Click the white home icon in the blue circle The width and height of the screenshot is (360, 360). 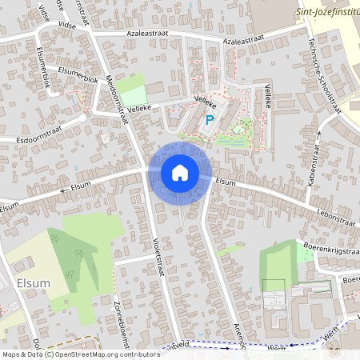(x=180, y=173)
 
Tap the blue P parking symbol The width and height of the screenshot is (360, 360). (x=210, y=121)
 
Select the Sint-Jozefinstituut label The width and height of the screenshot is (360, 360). (x=327, y=11)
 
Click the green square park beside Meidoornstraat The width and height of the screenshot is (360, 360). (x=134, y=87)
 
